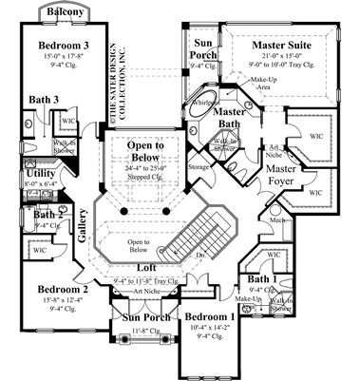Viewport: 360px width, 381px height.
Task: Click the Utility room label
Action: point(41,175)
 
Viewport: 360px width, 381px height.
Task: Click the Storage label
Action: point(199,168)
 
